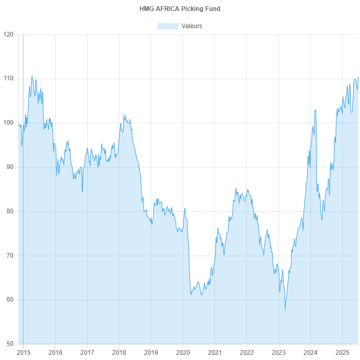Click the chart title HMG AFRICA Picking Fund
tap(180, 9)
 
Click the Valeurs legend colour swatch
tap(168, 26)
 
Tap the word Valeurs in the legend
tap(191, 26)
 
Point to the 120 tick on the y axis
tap(8, 34)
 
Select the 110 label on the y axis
tap(8, 78)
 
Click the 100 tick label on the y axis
tap(8, 123)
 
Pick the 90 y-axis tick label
tap(10, 167)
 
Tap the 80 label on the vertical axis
tap(10, 211)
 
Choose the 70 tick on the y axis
tap(10, 256)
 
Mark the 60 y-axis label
tap(10, 299)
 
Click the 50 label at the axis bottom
tap(10, 344)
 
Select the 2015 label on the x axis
tap(23, 352)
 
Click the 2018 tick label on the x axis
tap(119, 352)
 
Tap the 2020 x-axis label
tap(183, 352)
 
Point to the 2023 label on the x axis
tap(279, 352)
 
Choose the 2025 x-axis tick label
tap(342, 352)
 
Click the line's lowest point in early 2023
tap(285, 310)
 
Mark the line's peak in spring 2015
tap(32, 76)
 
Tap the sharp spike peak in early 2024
tap(316, 110)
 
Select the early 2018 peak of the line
tap(124, 114)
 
